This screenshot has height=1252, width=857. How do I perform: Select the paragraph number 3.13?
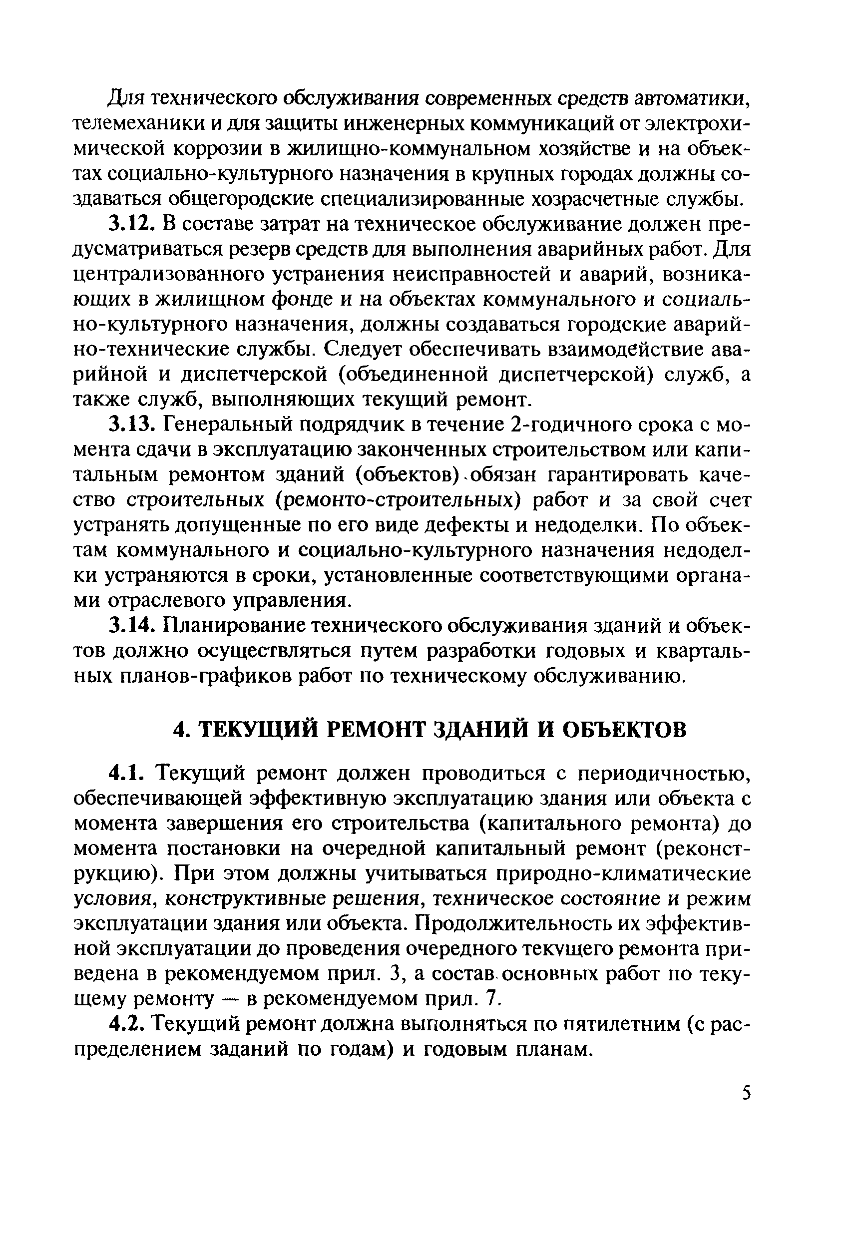pos(131,425)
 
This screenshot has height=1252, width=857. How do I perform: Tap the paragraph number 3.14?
pos(131,626)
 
